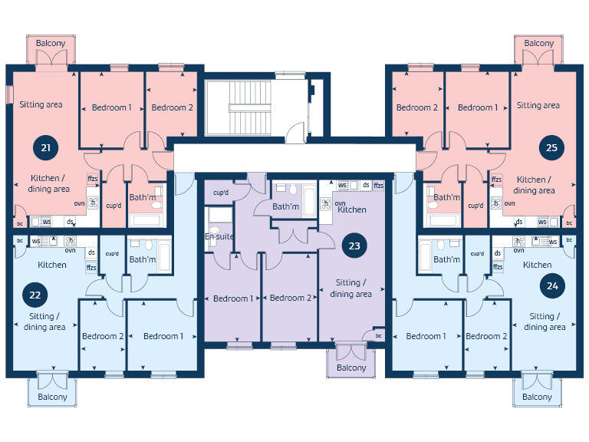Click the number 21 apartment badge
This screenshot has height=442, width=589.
[45, 147]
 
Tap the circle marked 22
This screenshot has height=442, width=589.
[35, 293]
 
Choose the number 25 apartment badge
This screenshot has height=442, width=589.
[551, 147]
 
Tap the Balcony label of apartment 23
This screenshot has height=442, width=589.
[351, 368]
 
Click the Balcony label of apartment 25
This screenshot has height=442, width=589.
[538, 44]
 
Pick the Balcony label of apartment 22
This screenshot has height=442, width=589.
[52, 397]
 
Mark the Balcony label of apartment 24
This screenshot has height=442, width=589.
[537, 397]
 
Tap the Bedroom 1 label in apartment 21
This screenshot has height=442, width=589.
[112, 107]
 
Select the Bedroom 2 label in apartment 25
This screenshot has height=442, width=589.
[416, 107]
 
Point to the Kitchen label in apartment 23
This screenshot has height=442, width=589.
[352, 209]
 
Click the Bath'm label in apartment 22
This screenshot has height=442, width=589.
[143, 259]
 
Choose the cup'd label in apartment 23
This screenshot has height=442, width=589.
[222, 193]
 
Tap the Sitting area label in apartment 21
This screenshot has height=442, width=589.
[41, 104]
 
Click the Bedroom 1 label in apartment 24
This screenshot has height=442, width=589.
[426, 336]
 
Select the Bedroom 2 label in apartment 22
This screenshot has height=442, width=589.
[103, 336]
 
